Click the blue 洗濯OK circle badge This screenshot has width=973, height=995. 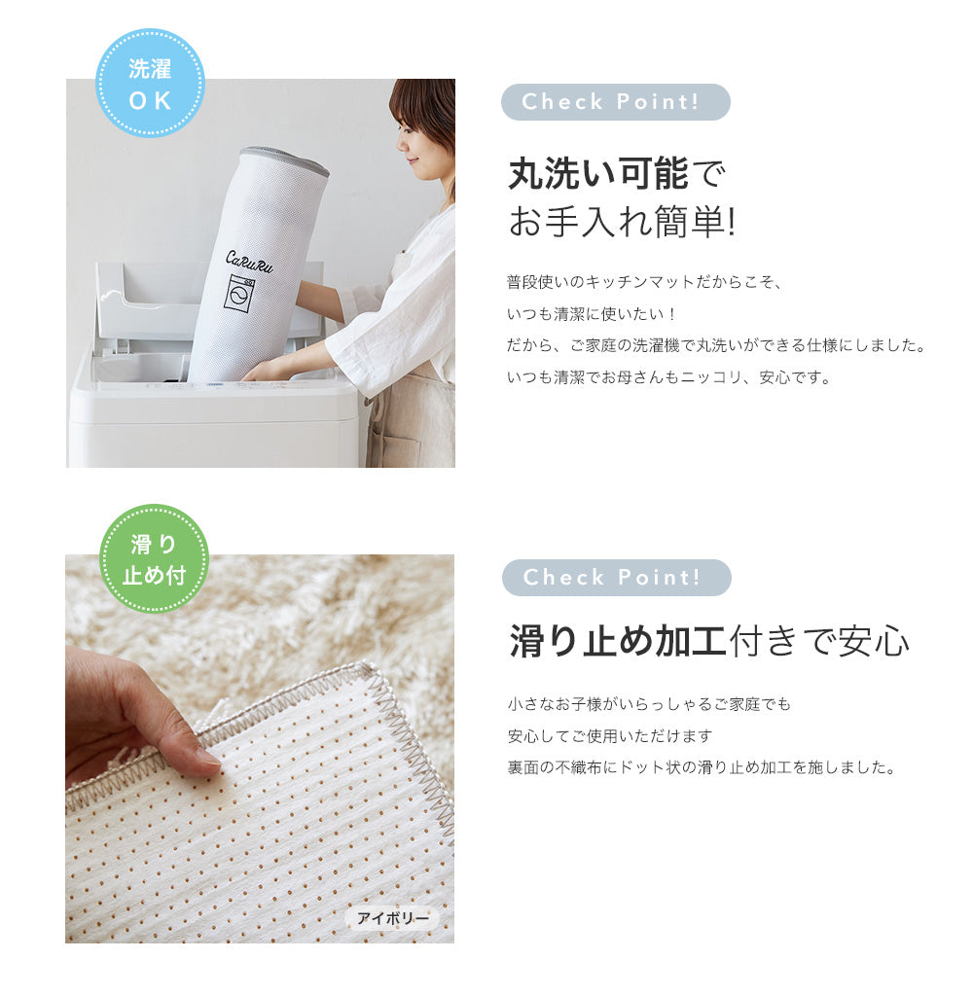150,83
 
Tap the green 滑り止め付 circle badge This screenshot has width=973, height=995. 155,559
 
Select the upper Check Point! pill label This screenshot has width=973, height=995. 616,102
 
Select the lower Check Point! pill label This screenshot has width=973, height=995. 616,578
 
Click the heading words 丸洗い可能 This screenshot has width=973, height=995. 597,173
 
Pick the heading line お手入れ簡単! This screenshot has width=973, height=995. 622,222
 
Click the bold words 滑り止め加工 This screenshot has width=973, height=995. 618,641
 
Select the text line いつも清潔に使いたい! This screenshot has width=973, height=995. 591,314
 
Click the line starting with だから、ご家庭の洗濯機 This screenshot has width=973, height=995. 716,346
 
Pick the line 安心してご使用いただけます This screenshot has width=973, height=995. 610,736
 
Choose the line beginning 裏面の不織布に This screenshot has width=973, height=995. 702,767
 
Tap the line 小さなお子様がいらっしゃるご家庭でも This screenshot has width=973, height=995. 649,704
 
